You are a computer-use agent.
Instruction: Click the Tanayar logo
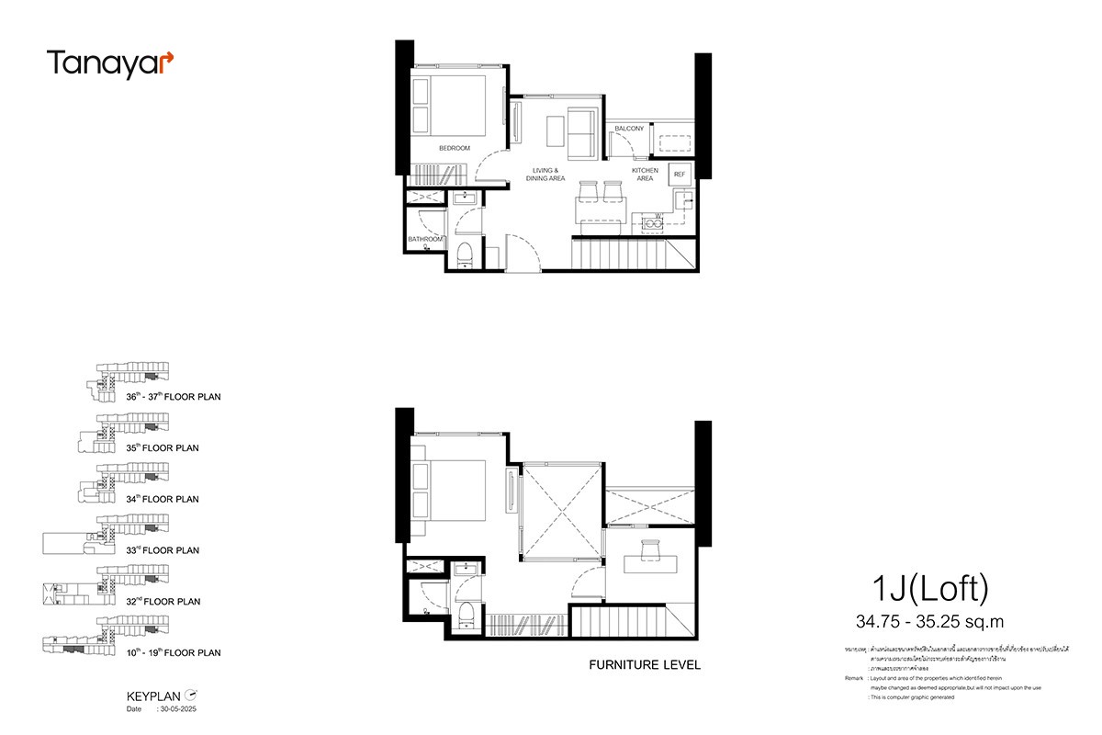pos(109,63)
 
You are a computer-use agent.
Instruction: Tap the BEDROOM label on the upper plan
pos(454,149)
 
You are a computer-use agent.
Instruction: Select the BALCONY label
pos(629,129)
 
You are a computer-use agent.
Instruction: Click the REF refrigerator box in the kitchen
pos(680,174)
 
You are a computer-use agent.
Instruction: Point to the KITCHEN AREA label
pos(645,175)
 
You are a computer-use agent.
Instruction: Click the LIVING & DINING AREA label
pos(545,175)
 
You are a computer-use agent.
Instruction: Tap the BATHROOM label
pos(423,240)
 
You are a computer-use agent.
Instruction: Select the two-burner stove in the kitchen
pos(655,221)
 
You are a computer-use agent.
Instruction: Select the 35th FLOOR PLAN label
pos(163,448)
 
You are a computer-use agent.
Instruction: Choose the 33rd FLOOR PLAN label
pos(163,550)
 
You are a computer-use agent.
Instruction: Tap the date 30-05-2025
pos(178,709)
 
